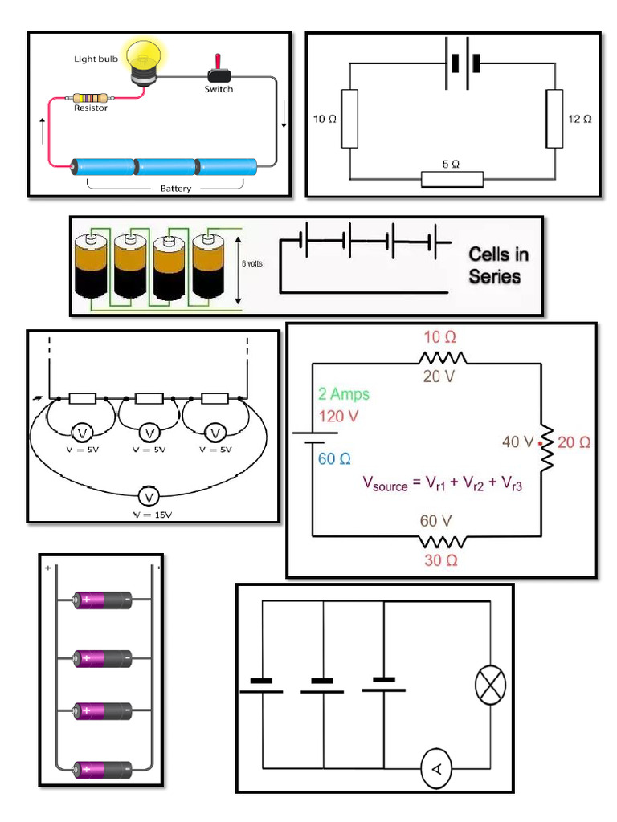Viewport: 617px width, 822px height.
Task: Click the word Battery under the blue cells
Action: click(x=175, y=189)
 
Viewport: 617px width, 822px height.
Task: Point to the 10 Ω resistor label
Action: click(x=325, y=119)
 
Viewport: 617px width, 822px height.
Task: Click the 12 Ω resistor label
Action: click(x=579, y=119)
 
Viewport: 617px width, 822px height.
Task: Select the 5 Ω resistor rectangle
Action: click(x=452, y=178)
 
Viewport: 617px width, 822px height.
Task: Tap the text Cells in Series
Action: click(x=499, y=266)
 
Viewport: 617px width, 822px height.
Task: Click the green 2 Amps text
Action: click(x=344, y=394)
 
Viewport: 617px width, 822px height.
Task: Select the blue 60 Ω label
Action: click(x=335, y=459)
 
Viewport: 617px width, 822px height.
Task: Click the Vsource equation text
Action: click(x=443, y=484)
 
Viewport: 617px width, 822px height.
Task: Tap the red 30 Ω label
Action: click(x=441, y=560)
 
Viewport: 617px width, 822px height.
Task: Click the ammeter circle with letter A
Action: click(x=438, y=770)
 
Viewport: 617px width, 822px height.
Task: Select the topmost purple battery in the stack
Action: click(x=103, y=600)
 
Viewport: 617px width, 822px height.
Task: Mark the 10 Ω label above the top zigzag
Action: click(x=440, y=336)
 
